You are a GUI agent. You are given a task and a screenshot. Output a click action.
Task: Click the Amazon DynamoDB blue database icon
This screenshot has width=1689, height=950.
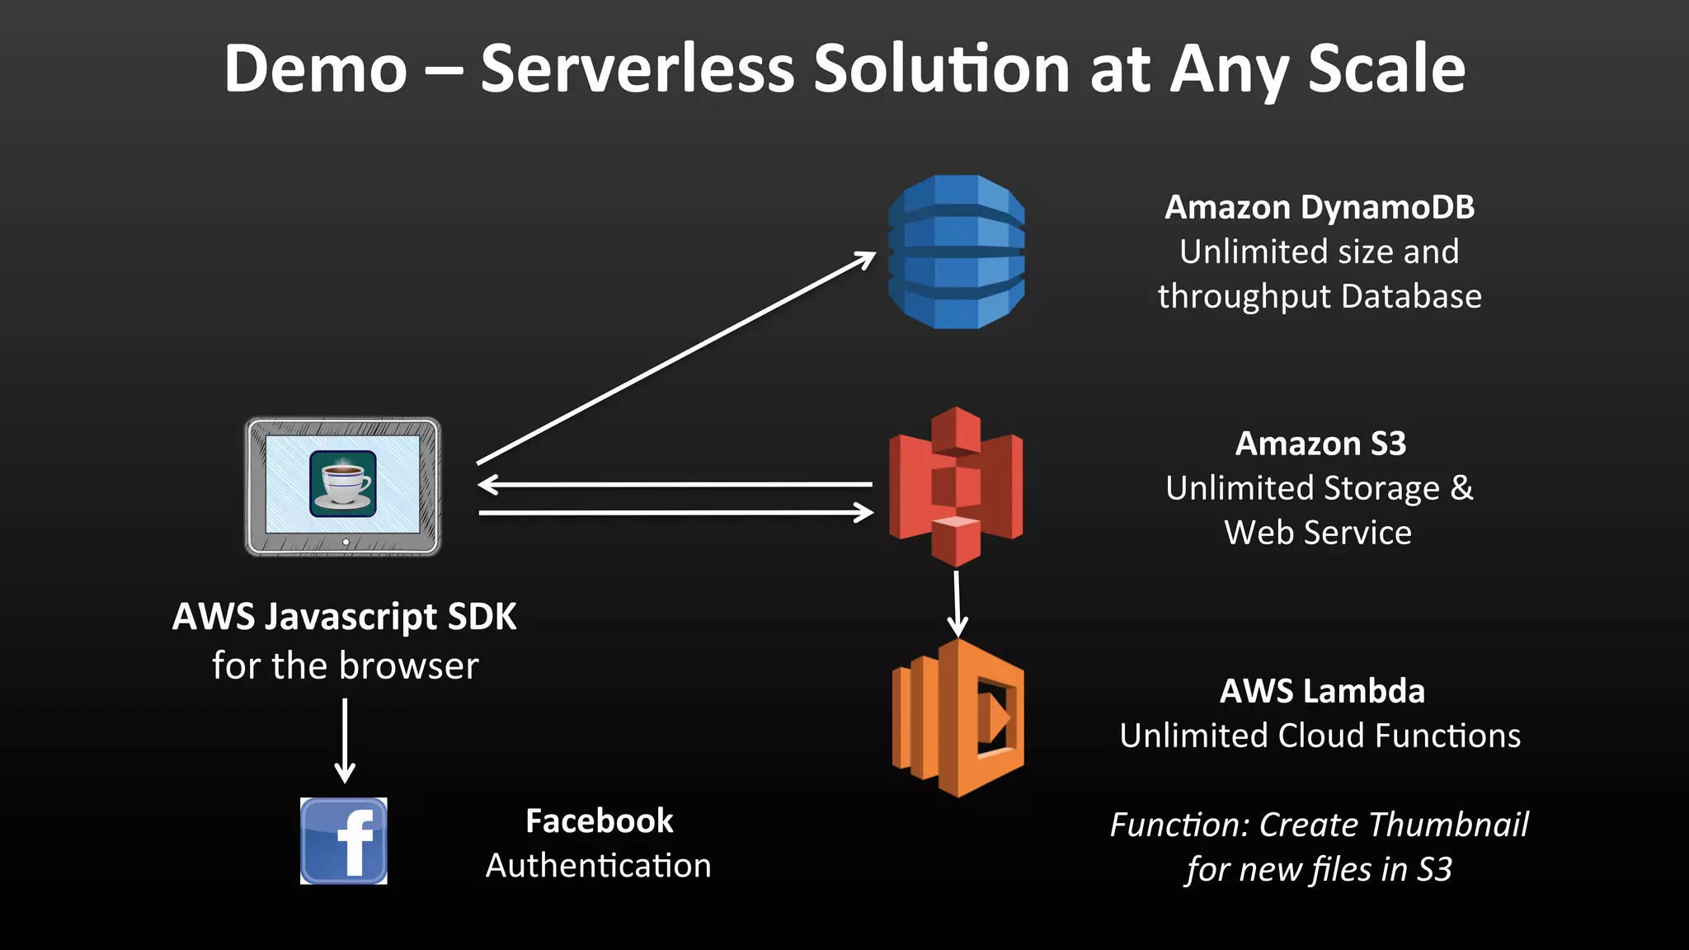[956, 252]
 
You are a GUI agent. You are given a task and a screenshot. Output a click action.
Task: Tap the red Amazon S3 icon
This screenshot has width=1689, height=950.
[956, 487]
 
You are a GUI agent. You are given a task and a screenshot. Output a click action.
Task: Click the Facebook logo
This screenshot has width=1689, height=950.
[343, 841]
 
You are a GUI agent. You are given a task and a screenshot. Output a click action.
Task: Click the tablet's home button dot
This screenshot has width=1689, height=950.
[346, 542]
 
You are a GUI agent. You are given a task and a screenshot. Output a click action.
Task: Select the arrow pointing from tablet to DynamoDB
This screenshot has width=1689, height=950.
[676, 359]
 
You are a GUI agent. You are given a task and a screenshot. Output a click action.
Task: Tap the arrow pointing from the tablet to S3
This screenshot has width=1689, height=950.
[676, 513]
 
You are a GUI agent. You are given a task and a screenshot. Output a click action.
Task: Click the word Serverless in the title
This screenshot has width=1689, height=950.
[637, 69]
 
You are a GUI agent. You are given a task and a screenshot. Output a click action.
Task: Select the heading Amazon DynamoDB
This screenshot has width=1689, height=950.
[1320, 207]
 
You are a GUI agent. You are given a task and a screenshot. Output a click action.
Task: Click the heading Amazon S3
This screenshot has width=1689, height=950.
[1320, 444]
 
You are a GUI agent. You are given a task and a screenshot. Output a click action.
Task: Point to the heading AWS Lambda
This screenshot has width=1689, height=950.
[1322, 691]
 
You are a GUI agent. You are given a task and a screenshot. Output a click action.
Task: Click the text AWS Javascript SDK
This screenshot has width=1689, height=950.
[344, 617]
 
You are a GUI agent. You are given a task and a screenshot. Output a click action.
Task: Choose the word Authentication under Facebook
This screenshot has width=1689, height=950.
[598, 866]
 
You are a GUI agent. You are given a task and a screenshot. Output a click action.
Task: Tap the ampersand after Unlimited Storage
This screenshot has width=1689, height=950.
[1461, 487]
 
